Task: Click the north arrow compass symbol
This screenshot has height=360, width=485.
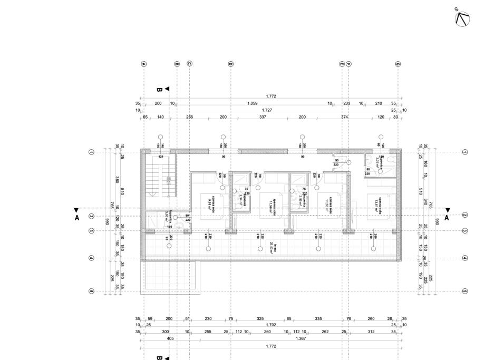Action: point(461,18)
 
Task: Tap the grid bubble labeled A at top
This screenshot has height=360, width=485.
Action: point(144,64)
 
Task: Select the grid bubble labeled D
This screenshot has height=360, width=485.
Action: point(230,64)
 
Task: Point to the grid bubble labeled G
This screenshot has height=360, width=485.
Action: point(397,64)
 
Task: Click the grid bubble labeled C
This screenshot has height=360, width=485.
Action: point(189,64)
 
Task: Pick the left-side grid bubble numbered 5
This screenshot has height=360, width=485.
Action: point(91,290)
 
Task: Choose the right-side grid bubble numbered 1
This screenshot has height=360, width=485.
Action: point(464,152)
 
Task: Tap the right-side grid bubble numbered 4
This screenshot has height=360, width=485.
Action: point(464,258)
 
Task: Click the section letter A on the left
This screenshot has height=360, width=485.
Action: point(77,217)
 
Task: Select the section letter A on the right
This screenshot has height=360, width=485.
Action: point(447,217)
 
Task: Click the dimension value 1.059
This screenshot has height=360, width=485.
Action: point(252,104)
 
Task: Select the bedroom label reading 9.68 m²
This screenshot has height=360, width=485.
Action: point(209,203)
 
